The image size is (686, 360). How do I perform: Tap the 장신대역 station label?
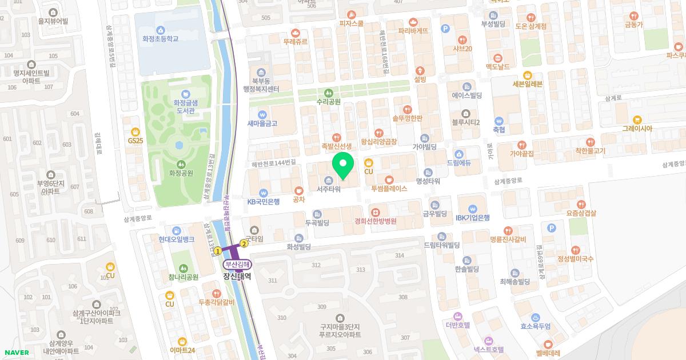click(237, 275)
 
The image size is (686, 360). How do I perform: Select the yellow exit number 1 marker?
click(218, 251)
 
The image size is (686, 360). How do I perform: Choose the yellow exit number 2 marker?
click(244, 243)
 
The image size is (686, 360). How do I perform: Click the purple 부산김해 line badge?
click(237, 265)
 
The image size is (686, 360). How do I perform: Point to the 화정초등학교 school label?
click(161, 39)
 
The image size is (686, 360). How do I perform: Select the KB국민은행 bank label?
click(263, 201)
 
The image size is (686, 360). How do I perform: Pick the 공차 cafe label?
click(298, 199)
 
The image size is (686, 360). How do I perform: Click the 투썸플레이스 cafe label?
click(389, 188)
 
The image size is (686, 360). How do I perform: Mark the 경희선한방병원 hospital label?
click(375, 221)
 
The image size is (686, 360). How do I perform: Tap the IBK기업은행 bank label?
click(472, 217)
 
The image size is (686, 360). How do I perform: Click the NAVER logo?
click(15, 353)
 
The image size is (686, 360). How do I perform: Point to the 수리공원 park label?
click(328, 102)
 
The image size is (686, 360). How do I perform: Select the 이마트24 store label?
click(182, 350)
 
